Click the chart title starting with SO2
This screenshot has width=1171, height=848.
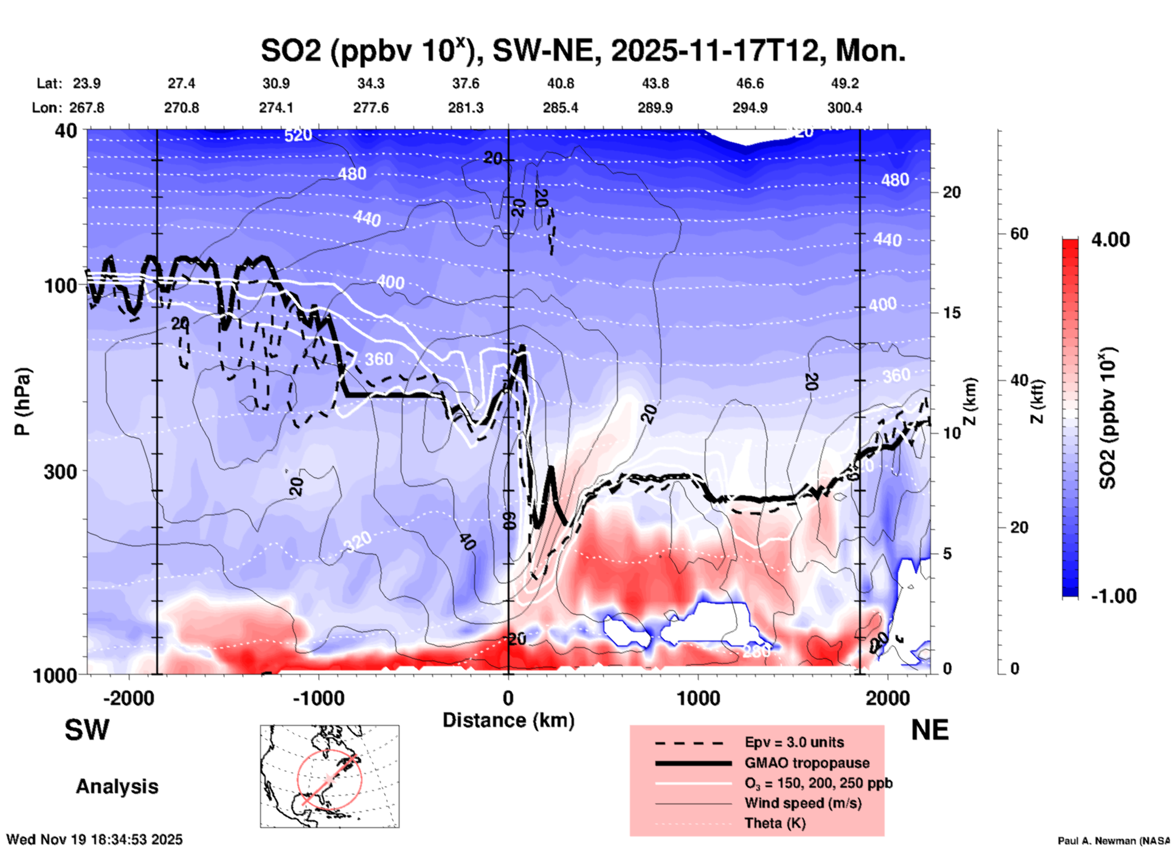click(582, 51)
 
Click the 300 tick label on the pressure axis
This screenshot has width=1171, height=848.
click(61, 471)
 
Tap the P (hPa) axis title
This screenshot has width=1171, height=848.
click(22, 401)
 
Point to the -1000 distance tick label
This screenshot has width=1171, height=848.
click(318, 698)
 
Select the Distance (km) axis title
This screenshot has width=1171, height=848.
click(508, 720)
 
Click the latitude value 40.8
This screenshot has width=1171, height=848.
click(560, 83)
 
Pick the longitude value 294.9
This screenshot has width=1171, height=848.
click(750, 108)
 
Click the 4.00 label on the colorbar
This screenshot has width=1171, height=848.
click(1110, 240)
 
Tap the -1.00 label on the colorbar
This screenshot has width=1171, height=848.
click(1113, 596)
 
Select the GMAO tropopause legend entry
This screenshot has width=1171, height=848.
click(807, 763)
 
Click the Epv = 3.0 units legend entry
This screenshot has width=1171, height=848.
click(794, 743)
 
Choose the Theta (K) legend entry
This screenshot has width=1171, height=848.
click(775, 823)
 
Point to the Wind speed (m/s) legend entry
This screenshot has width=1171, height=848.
click(803, 803)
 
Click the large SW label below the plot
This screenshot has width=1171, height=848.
click(87, 730)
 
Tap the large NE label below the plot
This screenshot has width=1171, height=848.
click(930, 730)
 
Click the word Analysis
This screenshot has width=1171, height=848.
click(117, 787)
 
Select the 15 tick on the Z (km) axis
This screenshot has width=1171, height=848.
click(952, 313)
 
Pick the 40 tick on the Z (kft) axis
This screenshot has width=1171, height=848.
click(1019, 381)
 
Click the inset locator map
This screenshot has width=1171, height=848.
click(330, 776)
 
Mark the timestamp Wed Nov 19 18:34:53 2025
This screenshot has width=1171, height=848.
click(94, 839)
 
